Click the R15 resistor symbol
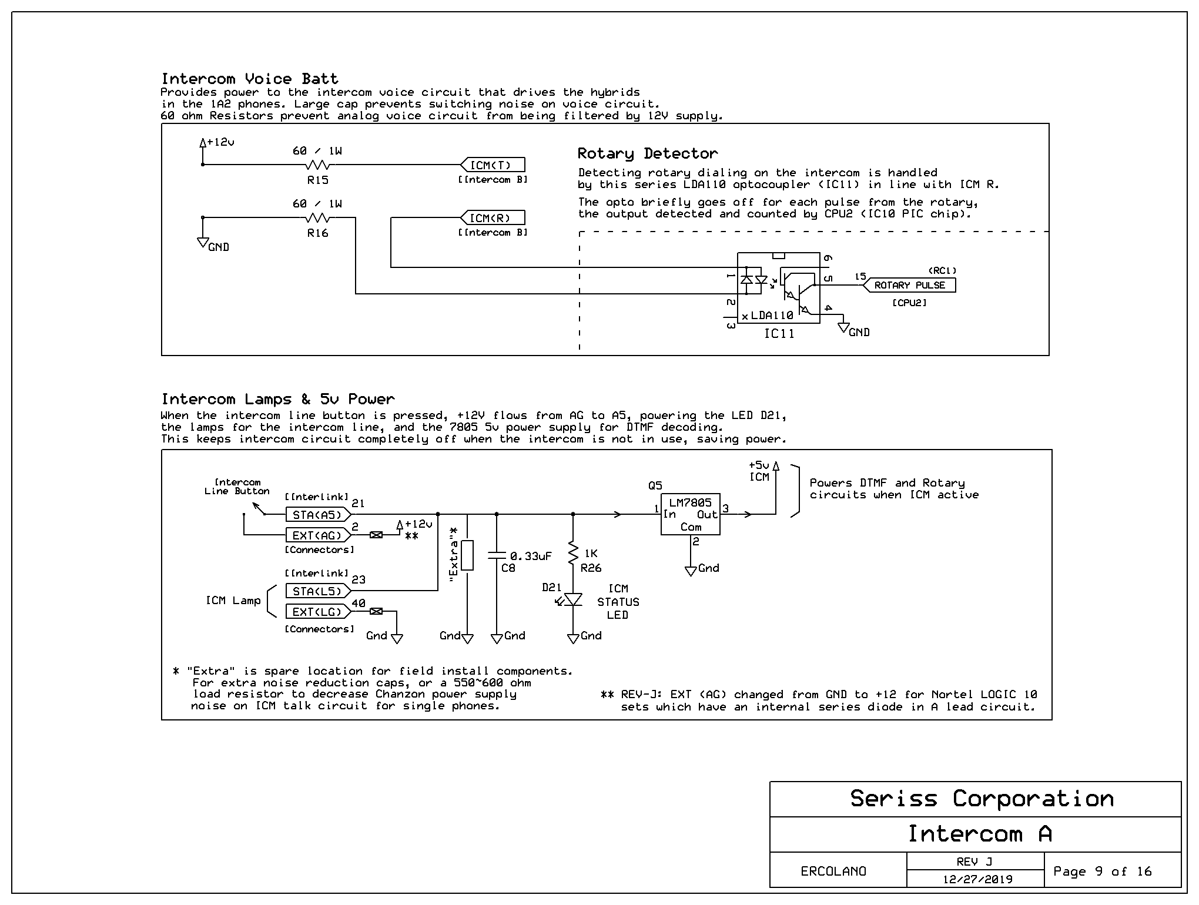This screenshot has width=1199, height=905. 318,165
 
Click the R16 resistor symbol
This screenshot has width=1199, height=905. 318,217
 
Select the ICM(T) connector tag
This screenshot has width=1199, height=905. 493,165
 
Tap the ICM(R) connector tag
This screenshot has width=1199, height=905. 493,218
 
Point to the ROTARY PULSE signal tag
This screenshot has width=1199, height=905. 909,285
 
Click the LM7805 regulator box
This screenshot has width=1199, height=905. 691,514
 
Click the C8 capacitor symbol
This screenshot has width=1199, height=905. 497,555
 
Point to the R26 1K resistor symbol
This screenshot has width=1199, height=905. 573,554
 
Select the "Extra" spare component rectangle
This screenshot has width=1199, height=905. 467,555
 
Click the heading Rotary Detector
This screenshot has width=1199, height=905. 648,153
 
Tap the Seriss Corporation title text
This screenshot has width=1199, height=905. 982,799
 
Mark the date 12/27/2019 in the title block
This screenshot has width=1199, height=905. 978,879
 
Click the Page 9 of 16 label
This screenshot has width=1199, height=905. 1103,871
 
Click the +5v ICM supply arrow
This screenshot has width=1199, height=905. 776,488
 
